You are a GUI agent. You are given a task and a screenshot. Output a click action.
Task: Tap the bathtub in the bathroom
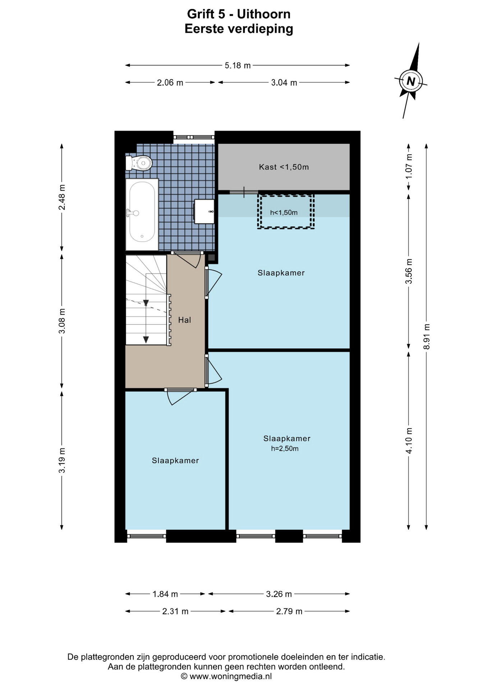click(x=142, y=214)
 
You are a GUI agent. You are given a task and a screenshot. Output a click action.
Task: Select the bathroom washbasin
click(x=204, y=212)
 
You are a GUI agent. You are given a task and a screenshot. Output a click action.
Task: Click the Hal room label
click(x=185, y=320)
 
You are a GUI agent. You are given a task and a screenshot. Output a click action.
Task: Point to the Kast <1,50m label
click(x=284, y=167)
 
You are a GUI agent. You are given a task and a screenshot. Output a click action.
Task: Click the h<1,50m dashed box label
click(x=284, y=212)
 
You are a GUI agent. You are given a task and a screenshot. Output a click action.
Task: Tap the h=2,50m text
click(x=285, y=448)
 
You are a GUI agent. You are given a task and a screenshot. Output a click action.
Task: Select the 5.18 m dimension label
click(x=238, y=65)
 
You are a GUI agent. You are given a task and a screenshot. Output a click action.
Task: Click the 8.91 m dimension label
click(x=427, y=336)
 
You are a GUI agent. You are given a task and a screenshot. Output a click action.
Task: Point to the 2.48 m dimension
click(x=62, y=197)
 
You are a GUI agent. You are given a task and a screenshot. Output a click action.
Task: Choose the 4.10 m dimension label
click(x=409, y=441)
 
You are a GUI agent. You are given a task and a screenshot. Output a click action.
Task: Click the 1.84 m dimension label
click(x=165, y=594)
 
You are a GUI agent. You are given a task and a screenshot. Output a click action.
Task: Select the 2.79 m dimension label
click(x=289, y=611)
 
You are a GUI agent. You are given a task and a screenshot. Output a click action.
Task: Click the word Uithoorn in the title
click(x=264, y=14)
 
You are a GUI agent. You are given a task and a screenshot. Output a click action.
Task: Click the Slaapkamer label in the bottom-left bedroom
click(x=175, y=461)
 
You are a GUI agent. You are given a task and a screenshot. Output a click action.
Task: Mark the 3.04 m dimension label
click(x=284, y=83)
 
